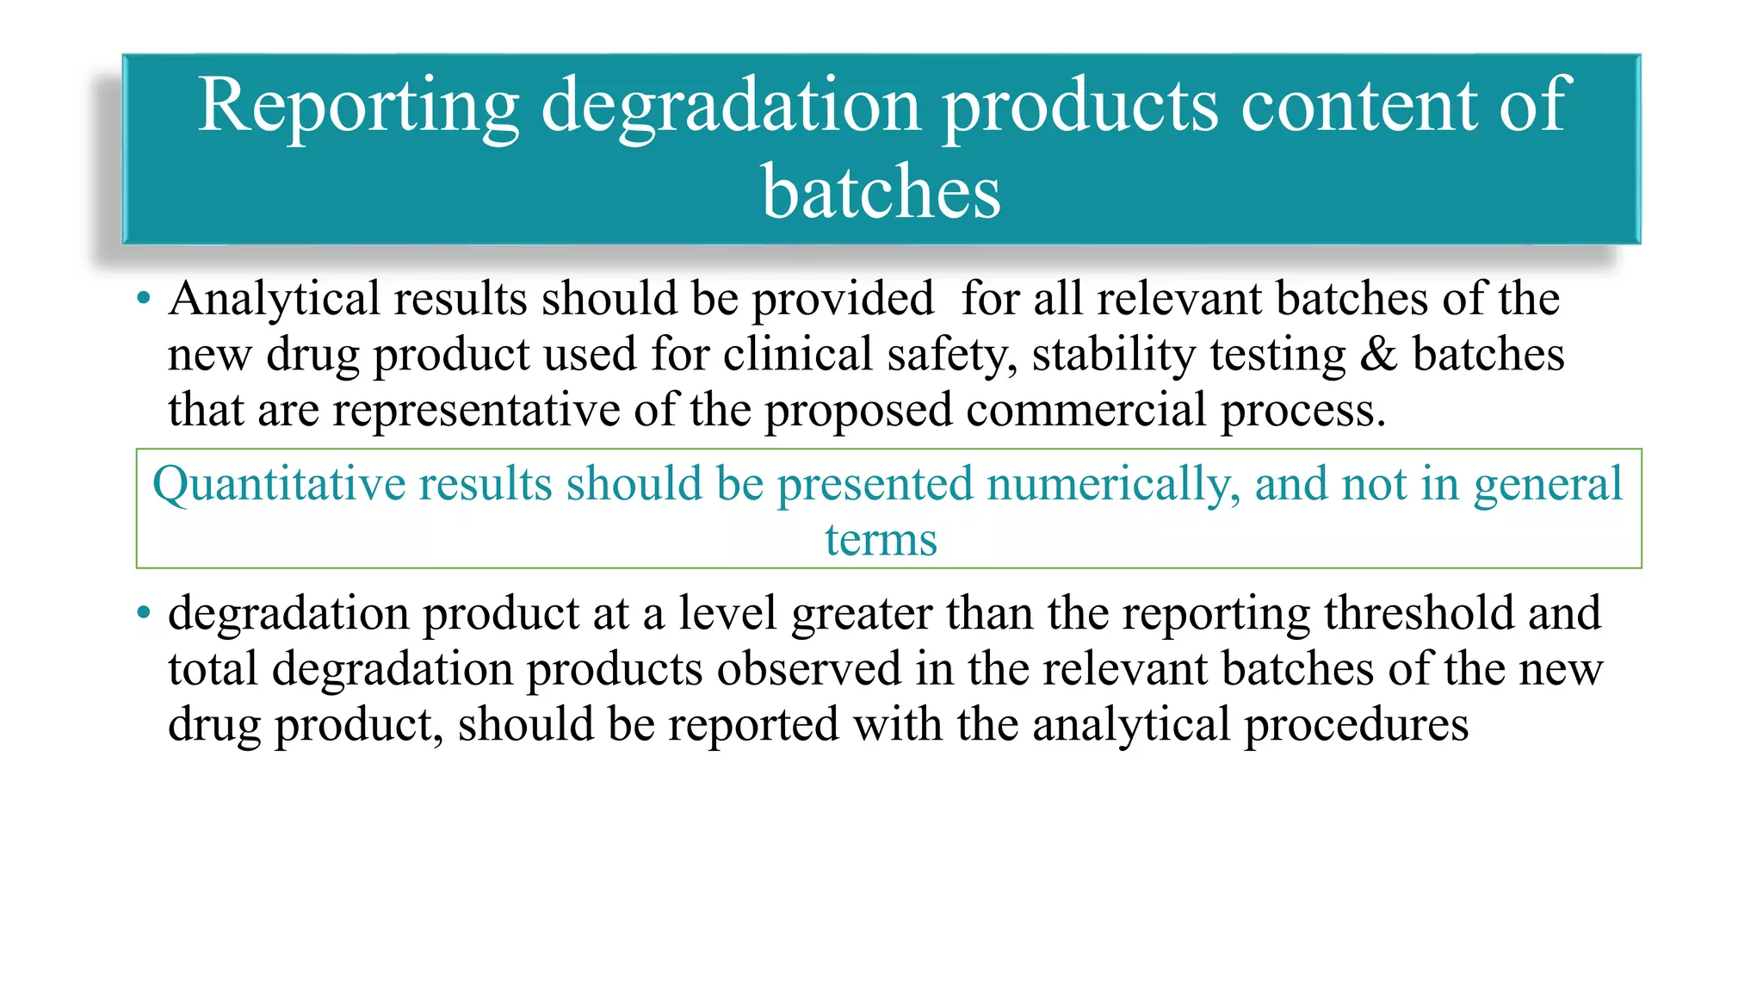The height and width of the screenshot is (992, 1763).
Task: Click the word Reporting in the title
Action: [358, 107]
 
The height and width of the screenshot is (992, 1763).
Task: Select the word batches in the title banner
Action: [881, 191]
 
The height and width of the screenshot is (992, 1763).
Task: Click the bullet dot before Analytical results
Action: [144, 300]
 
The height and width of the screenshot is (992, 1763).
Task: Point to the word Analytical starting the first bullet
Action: [274, 300]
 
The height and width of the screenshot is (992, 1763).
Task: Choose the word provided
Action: [843, 300]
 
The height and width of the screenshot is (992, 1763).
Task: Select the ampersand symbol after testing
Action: [1378, 355]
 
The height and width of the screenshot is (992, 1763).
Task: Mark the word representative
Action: [476, 410]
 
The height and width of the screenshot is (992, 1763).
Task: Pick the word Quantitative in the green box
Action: [279, 484]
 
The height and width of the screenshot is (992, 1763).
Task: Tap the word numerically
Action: [1114, 484]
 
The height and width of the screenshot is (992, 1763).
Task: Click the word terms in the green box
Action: [881, 541]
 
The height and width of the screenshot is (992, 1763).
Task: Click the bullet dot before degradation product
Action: [144, 614]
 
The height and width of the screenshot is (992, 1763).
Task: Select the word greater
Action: [862, 614]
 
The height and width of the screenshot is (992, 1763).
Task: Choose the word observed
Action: [809, 669]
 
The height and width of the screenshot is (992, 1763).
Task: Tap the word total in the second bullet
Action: [213, 669]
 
